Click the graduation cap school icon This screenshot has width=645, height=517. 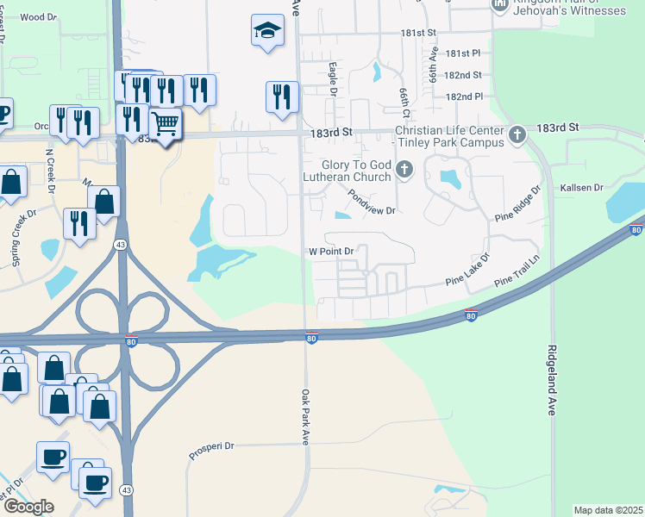[268, 31]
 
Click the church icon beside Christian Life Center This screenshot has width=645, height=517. [517, 134]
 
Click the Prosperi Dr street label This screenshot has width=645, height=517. [211, 446]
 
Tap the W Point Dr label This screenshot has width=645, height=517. [332, 251]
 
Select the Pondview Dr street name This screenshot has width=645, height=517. [372, 203]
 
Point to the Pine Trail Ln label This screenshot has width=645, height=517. [517, 277]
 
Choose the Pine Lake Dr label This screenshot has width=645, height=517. [467, 270]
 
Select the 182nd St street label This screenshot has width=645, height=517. [464, 76]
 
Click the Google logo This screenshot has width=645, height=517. [28, 507]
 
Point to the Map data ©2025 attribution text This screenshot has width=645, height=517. [607, 510]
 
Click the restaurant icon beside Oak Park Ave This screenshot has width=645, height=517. [282, 97]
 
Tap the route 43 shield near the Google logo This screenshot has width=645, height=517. [127, 489]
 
